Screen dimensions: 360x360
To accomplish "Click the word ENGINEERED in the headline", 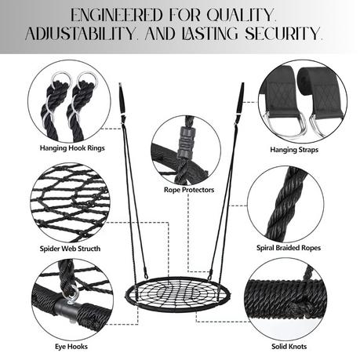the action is coord(117,15).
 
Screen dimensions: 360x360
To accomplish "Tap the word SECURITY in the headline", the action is coord(283,34).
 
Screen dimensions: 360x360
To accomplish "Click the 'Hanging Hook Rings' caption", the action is coord(72,148).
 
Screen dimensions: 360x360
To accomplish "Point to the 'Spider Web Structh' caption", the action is coord(70,249).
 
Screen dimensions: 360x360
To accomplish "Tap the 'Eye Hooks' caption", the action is coord(71,347).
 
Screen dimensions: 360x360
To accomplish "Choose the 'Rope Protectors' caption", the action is coord(189,190).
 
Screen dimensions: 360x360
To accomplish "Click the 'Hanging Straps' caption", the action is coord(294,150).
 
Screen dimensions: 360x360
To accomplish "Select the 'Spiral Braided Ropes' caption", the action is coord(289,248).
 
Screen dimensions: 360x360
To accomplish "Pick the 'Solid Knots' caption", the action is coord(289,347).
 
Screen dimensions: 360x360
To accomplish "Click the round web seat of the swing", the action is coord(178,294).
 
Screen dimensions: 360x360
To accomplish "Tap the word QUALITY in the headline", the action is coord(241,15).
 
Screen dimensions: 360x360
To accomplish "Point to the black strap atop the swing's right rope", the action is coord(240,100).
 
